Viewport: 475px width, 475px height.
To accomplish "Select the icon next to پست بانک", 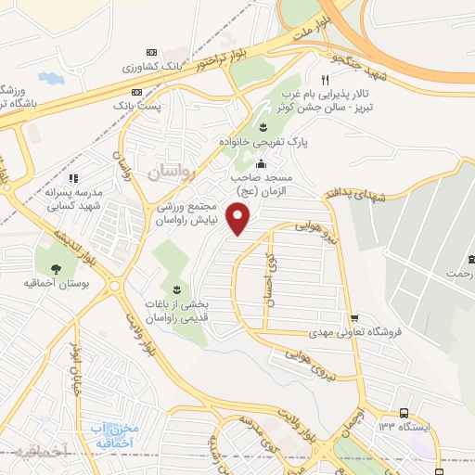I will click(136, 92).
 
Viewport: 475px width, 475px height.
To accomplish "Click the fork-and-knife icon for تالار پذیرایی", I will click(325, 80).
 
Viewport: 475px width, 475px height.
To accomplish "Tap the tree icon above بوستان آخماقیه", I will click(56, 269).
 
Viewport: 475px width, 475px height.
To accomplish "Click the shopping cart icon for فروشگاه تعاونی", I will click(354, 317).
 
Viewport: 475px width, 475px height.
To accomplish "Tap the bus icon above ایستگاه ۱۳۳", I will click(404, 414).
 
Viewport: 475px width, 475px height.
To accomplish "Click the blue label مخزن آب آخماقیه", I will click(114, 434).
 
